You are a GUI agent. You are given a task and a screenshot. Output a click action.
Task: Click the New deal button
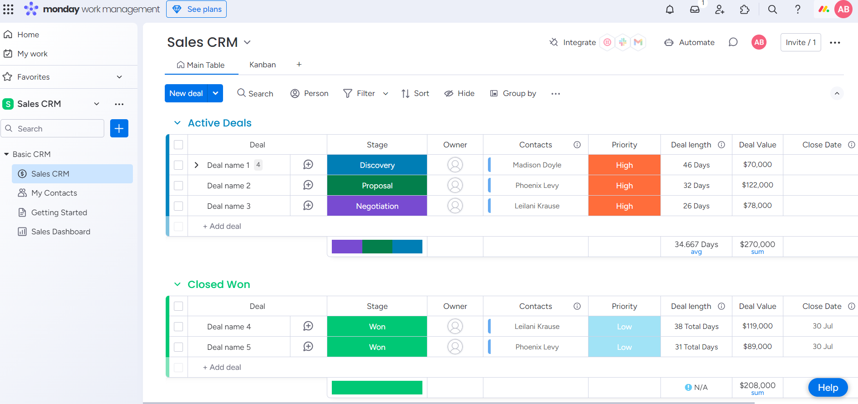click(x=186, y=93)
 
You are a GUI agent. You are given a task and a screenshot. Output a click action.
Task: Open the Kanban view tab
click(x=262, y=65)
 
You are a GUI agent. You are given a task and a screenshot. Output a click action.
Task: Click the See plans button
click(x=196, y=9)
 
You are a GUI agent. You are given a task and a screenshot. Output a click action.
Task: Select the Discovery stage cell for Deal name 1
click(x=377, y=165)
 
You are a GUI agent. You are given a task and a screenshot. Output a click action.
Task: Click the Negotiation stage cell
click(x=377, y=206)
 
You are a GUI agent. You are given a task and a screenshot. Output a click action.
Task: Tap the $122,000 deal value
click(x=757, y=185)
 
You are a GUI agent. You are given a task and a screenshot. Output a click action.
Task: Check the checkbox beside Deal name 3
click(x=178, y=206)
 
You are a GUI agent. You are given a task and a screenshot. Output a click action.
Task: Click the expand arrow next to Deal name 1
click(x=196, y=165)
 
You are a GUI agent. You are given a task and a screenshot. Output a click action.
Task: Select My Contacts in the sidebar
click(x=54, y=193)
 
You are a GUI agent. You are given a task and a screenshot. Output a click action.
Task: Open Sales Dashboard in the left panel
click(x=61, y=232)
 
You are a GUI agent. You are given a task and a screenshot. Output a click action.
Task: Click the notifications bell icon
click(x=670, y=9)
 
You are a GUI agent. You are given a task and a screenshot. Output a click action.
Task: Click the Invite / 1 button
click(x=800, y=42)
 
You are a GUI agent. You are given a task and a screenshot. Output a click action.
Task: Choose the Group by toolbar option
click(x=513, y=93)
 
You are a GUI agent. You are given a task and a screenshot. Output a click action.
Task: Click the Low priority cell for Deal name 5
click(x=624, y=347)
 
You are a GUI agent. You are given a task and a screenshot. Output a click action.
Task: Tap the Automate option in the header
click(x=690, y=42)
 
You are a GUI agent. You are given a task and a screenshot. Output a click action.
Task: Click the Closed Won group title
click(x=219, y=284)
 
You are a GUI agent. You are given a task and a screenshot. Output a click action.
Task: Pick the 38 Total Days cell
click(x=696, y=327)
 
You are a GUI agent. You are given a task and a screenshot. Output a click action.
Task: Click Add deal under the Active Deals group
click(x=222, y=226)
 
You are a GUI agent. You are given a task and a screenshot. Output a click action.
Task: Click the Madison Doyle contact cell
click(x=537, y=165)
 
